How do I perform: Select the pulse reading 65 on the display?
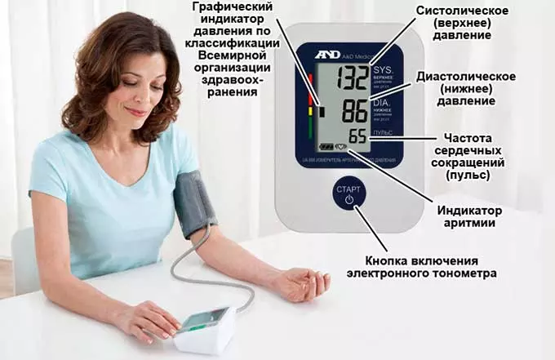(x=357, y=136)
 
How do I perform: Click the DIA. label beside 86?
(x=382, y=104)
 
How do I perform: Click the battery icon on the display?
(x=326, y=148)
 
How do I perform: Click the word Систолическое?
(x=463, y=11)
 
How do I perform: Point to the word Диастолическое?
(x=465, y=76)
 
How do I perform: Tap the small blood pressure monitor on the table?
(x=206, y=326)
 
